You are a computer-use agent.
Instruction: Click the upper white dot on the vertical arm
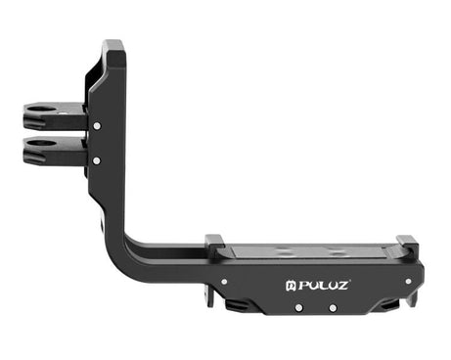(x=97, y=125)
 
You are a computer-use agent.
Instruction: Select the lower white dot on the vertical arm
(x=96, y=158)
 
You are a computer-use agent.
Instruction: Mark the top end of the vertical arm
(x=113, y=45)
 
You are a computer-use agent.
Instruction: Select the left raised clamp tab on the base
(x=214, y=244)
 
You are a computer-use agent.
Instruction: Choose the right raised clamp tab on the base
(x=407, y=246)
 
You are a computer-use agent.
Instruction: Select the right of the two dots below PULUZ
(x=334, y=308)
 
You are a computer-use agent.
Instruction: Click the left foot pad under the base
(x=238, y=306)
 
